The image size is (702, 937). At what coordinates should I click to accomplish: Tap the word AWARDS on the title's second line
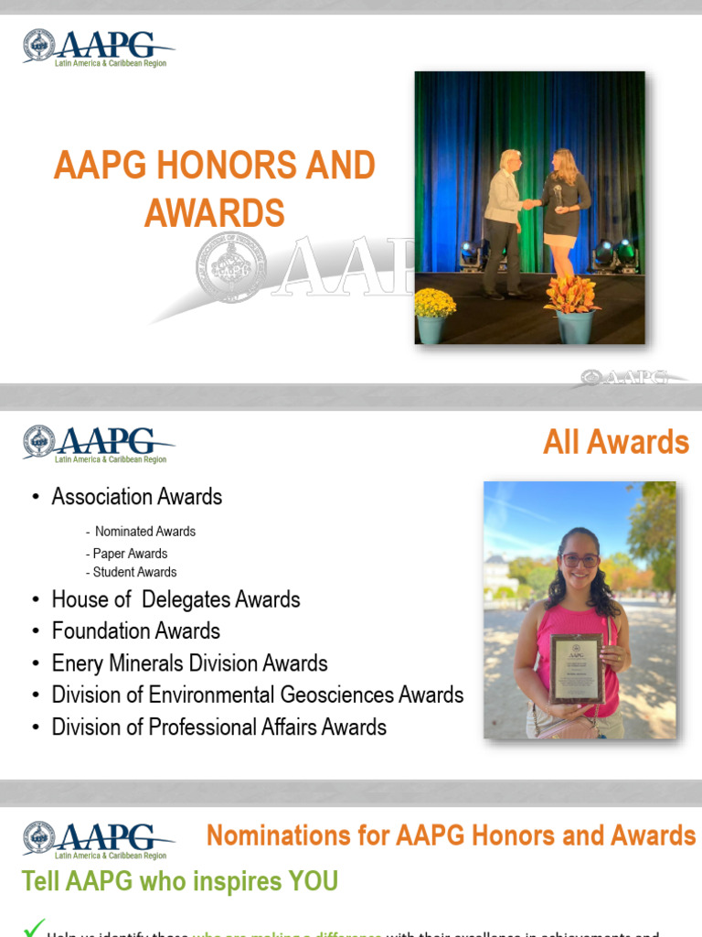(215, 212)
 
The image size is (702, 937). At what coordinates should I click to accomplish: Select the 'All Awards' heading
(616, 442)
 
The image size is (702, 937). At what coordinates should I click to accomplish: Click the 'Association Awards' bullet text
(137, 497)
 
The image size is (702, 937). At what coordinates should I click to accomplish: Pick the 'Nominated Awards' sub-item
(144, 532)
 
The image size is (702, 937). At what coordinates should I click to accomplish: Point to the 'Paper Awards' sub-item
(130, 554)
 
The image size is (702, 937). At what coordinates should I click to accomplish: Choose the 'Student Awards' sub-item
(134, 572)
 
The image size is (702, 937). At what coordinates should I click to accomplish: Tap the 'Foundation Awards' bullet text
(136, 631)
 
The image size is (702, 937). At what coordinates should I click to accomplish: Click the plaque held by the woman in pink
(576, 668)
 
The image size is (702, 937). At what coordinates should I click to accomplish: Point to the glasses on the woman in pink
(581, 560)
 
